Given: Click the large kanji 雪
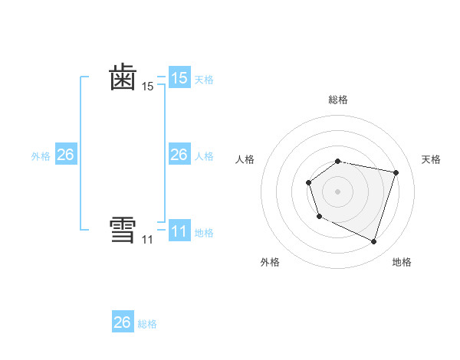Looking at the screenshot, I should pos(123,230).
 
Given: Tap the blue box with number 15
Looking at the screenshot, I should pos(179,78).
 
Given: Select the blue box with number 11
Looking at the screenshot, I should pos(179,231).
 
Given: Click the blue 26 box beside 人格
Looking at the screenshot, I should pos(179,155).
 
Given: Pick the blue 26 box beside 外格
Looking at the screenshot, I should pos(66,155).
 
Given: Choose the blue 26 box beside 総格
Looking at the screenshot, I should pos(123,322).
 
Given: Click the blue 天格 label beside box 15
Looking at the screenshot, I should pos(204,79).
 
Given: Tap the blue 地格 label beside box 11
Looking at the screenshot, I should pos(204,232).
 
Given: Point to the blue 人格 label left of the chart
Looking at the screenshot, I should pos(204,155).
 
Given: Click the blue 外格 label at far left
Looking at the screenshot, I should pos(41,155).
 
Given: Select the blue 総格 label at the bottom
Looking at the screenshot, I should pos(147,323).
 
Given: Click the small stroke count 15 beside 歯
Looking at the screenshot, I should pos(147,87).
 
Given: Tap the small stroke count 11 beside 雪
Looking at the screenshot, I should pos(147,240).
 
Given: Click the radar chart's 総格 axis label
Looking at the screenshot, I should pos(337,100).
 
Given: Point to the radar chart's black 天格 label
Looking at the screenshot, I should pos(431,159).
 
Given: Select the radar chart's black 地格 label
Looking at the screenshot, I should pos(402,262).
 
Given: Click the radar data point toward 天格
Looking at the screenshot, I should pos(396,173).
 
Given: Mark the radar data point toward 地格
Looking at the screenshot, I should pos(373,241).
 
